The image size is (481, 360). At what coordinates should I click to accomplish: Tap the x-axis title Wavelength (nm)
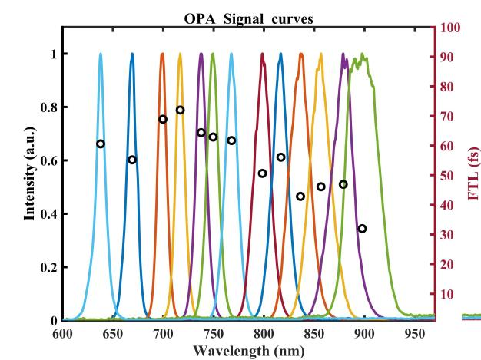[x=249, y=349]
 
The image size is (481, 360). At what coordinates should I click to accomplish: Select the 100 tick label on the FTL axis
[x=451, y=28]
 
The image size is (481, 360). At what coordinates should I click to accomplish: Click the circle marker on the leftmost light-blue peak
[x=101, y=144]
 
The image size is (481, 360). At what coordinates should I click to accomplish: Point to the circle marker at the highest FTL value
[x=180, y=110]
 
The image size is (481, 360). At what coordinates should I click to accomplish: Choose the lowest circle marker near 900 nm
[x=362, y=229]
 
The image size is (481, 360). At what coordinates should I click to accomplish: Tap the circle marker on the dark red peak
[x=262, y=173]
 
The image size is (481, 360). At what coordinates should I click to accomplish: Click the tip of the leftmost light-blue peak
[x=101, y=54]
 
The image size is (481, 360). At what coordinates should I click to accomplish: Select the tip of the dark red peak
[x=262, y=54]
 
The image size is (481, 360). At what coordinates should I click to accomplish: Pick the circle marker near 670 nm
[x=132, y=160]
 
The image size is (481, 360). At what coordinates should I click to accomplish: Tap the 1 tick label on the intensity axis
[x=52, y=54]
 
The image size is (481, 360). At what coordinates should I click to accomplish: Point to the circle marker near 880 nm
[x=343, y=184]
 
